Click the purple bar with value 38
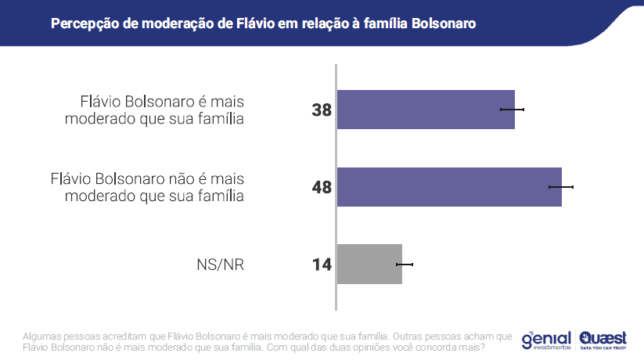[425, 110]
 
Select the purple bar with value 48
[448, 187]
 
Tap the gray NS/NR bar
[369, 264]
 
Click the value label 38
[322, 110]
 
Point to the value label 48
[322, 188]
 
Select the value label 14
[322, 265]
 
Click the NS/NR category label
[221, 265]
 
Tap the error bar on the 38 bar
[512, 110]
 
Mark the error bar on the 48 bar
[561, 187]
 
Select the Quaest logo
[603, 339]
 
